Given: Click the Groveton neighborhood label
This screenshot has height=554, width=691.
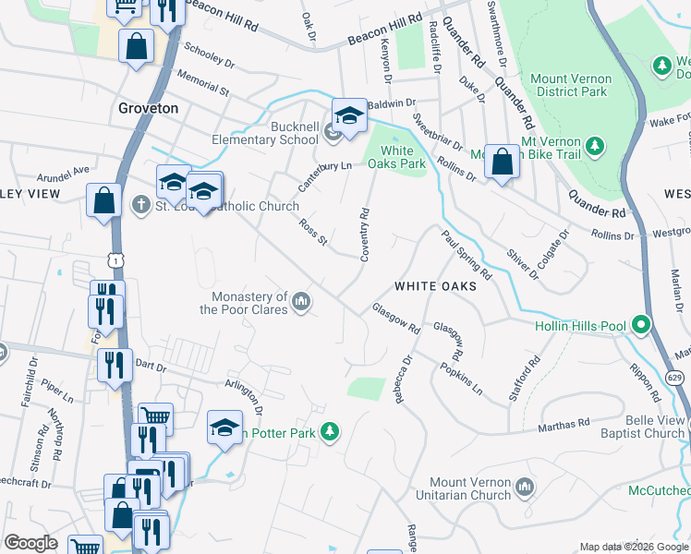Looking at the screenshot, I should [148, 108].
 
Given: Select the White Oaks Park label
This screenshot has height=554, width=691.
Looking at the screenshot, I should [397, 157].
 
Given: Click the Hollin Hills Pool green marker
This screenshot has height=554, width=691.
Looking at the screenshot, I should [640, 325].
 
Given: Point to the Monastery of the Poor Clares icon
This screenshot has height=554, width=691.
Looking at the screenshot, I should [301, 302].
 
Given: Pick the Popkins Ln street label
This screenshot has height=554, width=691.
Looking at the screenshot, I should [463, 378].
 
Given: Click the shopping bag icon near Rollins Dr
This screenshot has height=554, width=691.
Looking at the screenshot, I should [501, 162].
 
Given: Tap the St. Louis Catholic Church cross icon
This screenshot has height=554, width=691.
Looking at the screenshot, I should [140, 204].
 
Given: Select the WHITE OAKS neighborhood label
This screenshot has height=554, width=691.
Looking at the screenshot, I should [435, 286].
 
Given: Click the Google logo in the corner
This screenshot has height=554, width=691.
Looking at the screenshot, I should [30, 543].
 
